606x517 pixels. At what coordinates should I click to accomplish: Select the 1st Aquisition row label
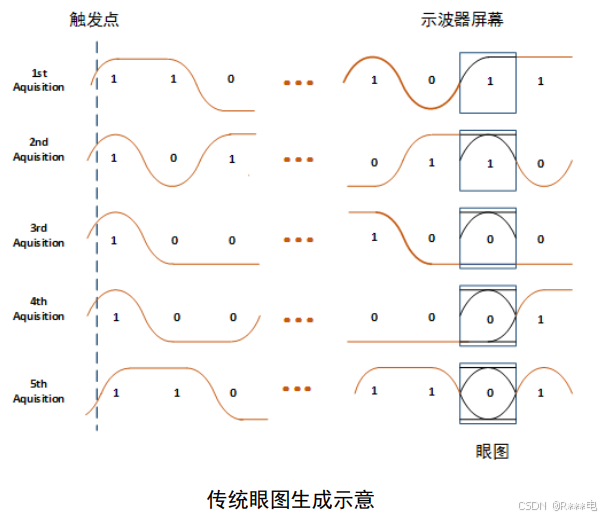(39, 80)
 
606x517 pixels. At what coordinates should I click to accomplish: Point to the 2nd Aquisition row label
(39, 150)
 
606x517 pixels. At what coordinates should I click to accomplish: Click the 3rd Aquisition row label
(39, 234)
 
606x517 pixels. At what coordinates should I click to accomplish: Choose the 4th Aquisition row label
(39, 309)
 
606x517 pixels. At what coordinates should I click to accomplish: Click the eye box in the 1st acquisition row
(488, 80)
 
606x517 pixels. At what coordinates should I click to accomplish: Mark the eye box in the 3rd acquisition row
(488, 238)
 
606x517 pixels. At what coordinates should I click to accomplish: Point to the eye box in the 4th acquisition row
(488, 316)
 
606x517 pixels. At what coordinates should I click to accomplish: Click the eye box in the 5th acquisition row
(488, 392)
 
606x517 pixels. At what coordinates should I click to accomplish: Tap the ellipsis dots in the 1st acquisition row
(298, 82)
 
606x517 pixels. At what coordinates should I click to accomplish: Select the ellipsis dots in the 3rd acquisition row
(298, 240)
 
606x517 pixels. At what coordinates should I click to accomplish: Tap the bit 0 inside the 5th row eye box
(490, 392)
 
